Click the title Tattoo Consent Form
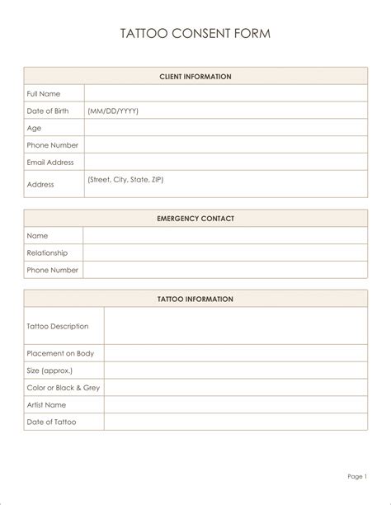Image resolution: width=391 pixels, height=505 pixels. (195, 34)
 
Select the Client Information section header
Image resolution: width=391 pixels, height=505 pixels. (195, 77)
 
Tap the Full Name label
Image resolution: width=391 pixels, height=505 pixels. (44, 94)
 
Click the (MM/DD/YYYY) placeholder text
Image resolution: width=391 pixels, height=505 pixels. (113, 111)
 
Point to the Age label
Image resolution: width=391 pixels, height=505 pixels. (34, 128)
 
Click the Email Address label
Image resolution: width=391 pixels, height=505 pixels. (50, 163)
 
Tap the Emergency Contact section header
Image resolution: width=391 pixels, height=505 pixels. (195, 219)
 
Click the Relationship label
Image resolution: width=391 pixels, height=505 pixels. (47, 252)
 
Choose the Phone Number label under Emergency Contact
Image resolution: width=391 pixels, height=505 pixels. (53, 270)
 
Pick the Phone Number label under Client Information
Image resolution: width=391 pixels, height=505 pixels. (53, 145)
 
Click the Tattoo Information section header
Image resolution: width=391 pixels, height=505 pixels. (195, 299)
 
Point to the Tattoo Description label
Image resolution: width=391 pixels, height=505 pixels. (58, 326)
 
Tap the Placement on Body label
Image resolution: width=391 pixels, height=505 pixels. (60, 353)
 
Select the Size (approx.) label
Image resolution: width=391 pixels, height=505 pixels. (49, 370)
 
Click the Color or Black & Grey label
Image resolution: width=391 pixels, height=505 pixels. (64, 387)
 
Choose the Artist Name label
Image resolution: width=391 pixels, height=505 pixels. (46, 404)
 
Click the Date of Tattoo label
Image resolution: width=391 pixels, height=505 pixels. (51, 422)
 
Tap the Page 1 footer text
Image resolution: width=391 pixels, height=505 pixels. (356, 476)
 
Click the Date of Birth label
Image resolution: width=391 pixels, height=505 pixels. (48, 111)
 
